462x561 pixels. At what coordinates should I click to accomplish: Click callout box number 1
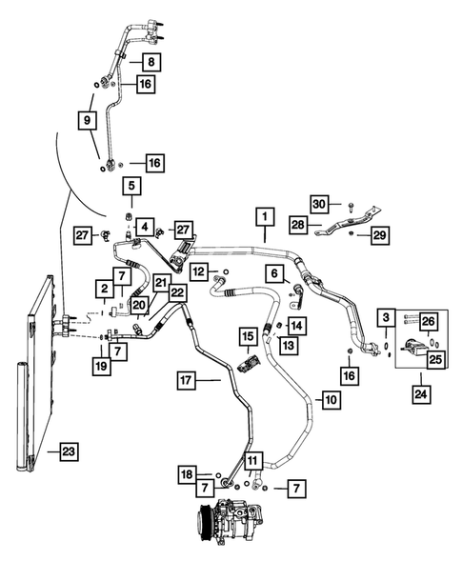click(261, 219)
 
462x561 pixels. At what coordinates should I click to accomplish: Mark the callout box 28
click(299, 225)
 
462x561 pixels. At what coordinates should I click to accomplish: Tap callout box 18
click(188, 473)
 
